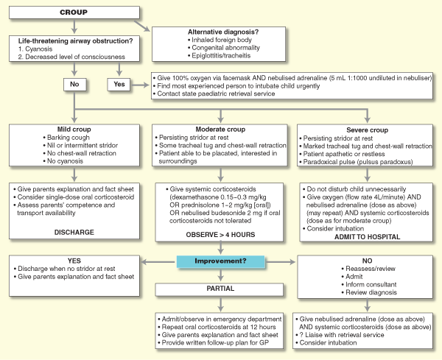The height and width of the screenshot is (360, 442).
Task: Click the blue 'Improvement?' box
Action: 220,261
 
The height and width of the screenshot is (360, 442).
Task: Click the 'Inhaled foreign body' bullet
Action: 222,40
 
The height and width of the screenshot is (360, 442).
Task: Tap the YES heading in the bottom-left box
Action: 72,260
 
